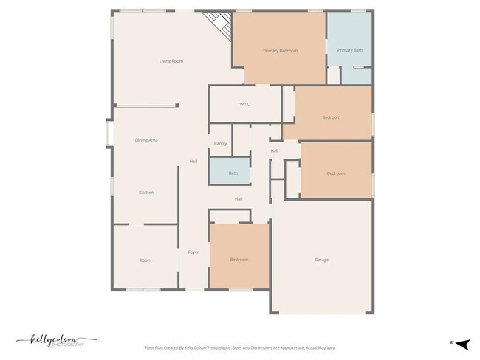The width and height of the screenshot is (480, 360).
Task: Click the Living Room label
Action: click(x=171, y=61)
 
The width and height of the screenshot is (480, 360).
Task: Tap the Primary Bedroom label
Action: click(x=280, y=51)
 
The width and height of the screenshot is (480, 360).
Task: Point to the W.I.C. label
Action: click(x=245, y=105)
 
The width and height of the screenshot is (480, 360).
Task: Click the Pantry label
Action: click(x=220, y=143)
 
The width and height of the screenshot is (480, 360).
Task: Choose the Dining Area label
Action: click(x=146, y=140)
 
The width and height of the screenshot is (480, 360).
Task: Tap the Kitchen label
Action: click(x=146, y=193)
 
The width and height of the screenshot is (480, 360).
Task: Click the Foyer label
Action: click(x=193, y=252)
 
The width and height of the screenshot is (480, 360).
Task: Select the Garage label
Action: click(x=321, y=260)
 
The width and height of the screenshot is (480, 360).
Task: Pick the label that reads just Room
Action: click(x=145, y=260)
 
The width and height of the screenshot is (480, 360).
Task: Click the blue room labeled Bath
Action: click(x=233, y=173)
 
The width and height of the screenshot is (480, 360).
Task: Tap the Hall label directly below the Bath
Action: click(x=239, y=198)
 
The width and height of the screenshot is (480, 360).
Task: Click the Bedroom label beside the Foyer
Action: click(x=239, y=260)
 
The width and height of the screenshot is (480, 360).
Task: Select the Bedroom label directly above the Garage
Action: click(x=336, y=173)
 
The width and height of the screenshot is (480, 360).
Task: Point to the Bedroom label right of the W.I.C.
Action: click(x=331, y=118)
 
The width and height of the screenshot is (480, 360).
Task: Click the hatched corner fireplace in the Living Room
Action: click(x=221, y=24)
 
